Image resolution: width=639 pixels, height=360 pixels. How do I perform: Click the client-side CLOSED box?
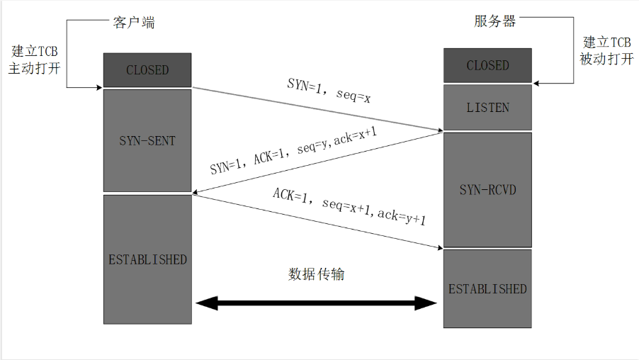[x=147, y=70]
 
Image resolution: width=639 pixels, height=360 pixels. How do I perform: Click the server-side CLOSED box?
[x=487, y=65]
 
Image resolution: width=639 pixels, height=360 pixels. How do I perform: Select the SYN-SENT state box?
[x=147, y=140]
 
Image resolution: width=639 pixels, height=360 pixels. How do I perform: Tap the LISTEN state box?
[x=487, y=108]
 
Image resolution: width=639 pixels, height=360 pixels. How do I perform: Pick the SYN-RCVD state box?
[x=487, y=189]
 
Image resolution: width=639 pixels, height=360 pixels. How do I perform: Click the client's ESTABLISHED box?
[x=147, y=259]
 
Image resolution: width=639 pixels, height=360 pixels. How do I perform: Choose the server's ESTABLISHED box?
[x=487, y=288]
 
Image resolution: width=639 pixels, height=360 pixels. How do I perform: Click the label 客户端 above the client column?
[x=133, y=22]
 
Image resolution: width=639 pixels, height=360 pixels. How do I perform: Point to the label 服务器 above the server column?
[x=495, y=21]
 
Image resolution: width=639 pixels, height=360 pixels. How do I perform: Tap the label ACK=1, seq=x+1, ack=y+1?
[x=349, y=208]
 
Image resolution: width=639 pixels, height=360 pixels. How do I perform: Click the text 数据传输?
[x=317, y=274]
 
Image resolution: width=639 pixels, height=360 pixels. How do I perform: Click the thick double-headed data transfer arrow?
[x=317, y=304]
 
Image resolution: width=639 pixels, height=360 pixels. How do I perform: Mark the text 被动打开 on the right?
[x=606, y=60]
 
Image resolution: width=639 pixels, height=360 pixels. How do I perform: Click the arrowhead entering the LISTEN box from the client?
[x=439, y=130]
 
